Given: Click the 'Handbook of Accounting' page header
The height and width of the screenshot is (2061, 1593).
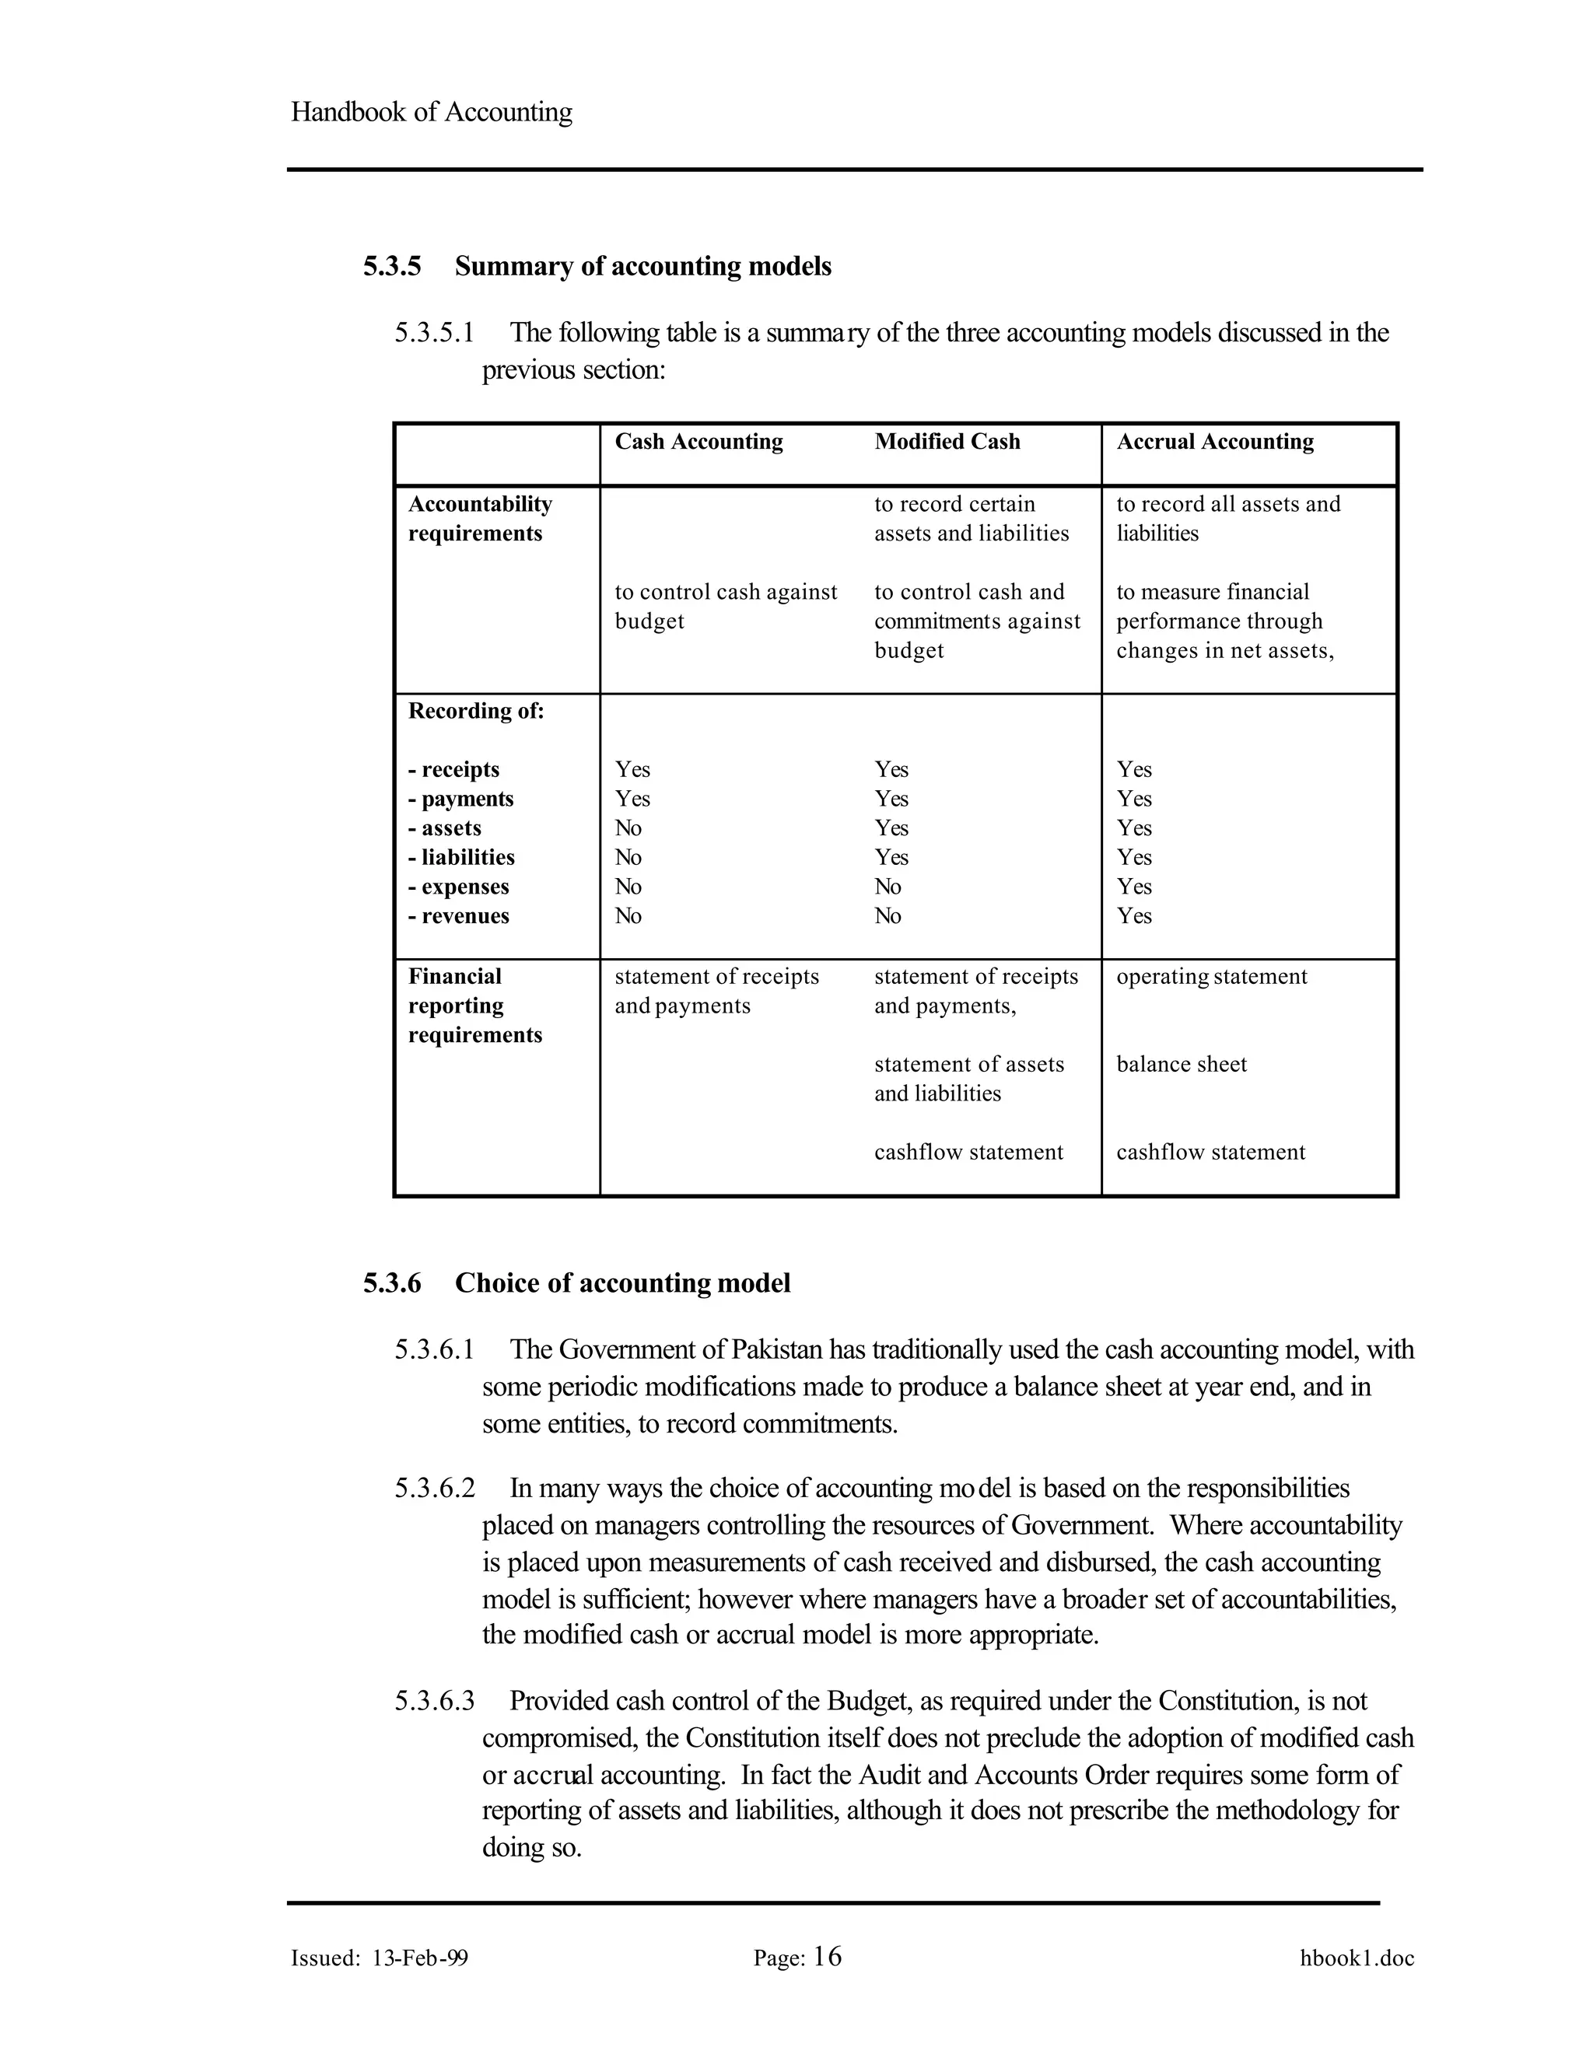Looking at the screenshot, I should point(431,111).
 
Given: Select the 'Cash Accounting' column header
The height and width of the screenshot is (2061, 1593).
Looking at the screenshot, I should point(698,442).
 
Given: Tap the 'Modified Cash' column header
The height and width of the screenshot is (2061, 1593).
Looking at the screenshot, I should point(947,442).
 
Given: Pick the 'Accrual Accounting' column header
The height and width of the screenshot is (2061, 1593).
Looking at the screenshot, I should point(1214,442).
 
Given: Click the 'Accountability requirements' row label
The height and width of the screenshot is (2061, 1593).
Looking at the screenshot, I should point(479,518).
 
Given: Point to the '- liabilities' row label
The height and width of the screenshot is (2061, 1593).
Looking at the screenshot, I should point(461,857).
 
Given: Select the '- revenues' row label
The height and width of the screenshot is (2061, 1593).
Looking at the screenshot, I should point(459,915).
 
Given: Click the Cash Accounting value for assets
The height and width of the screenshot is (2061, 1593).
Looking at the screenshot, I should point(628,828).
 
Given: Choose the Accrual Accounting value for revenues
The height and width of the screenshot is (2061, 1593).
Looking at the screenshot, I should point(1133,915).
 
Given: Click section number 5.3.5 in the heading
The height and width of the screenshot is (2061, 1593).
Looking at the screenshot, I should point(392,266).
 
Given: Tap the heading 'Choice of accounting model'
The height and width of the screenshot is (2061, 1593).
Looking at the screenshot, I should point(622,1283).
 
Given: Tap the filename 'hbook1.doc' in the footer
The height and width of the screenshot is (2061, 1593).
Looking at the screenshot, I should point(1356,1958).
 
